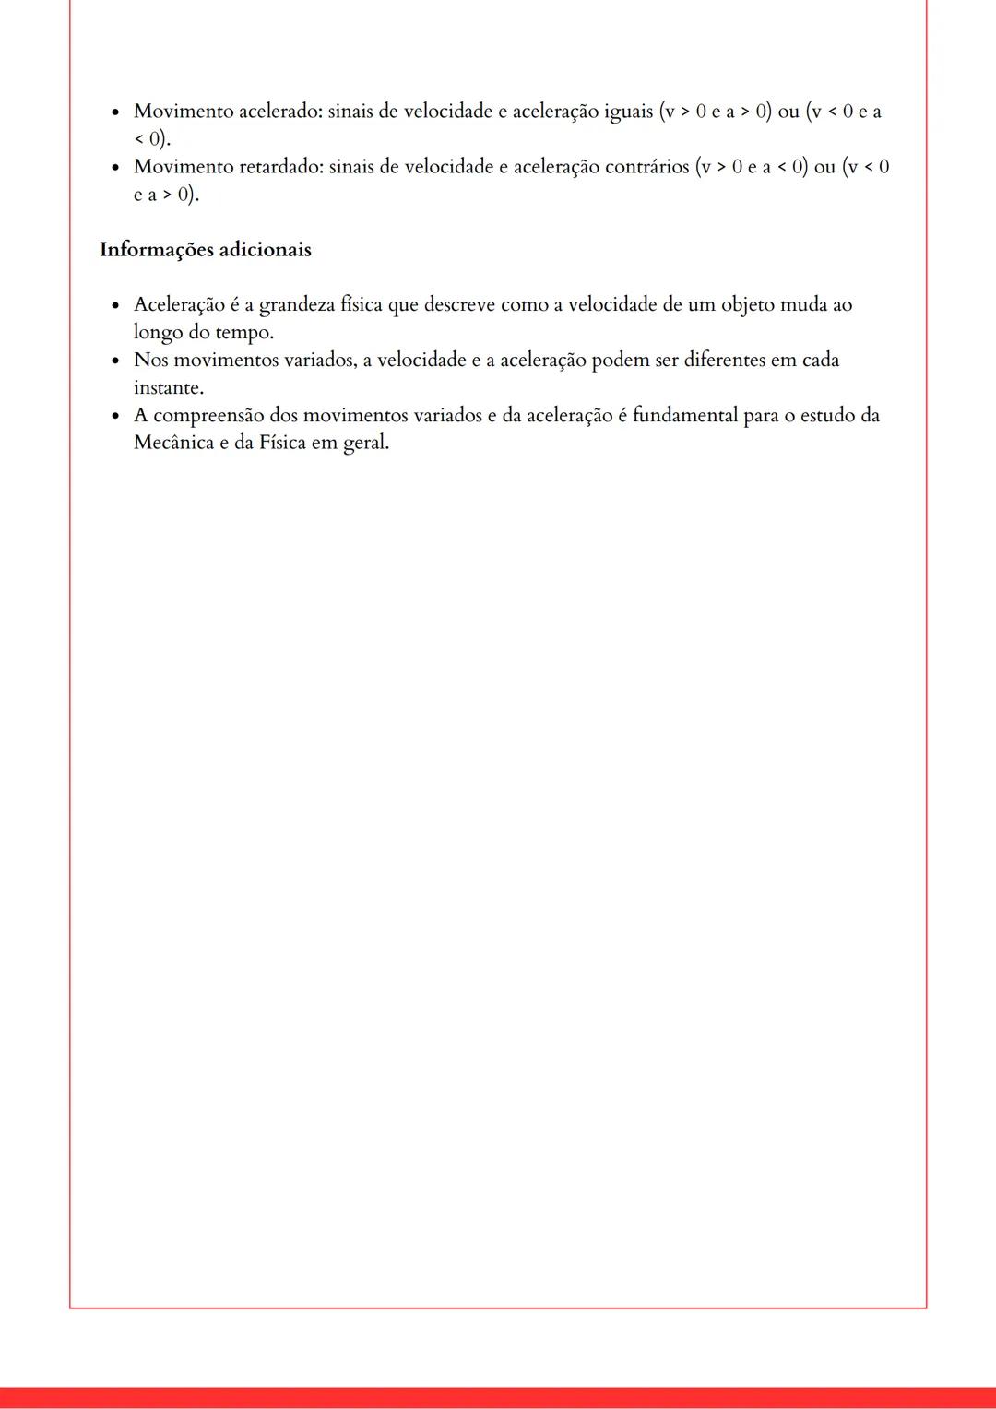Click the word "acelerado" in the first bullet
279,112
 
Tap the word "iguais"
628,112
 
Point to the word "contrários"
646,167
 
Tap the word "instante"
168,387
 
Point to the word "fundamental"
685,416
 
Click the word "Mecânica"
173,443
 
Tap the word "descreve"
459,305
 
